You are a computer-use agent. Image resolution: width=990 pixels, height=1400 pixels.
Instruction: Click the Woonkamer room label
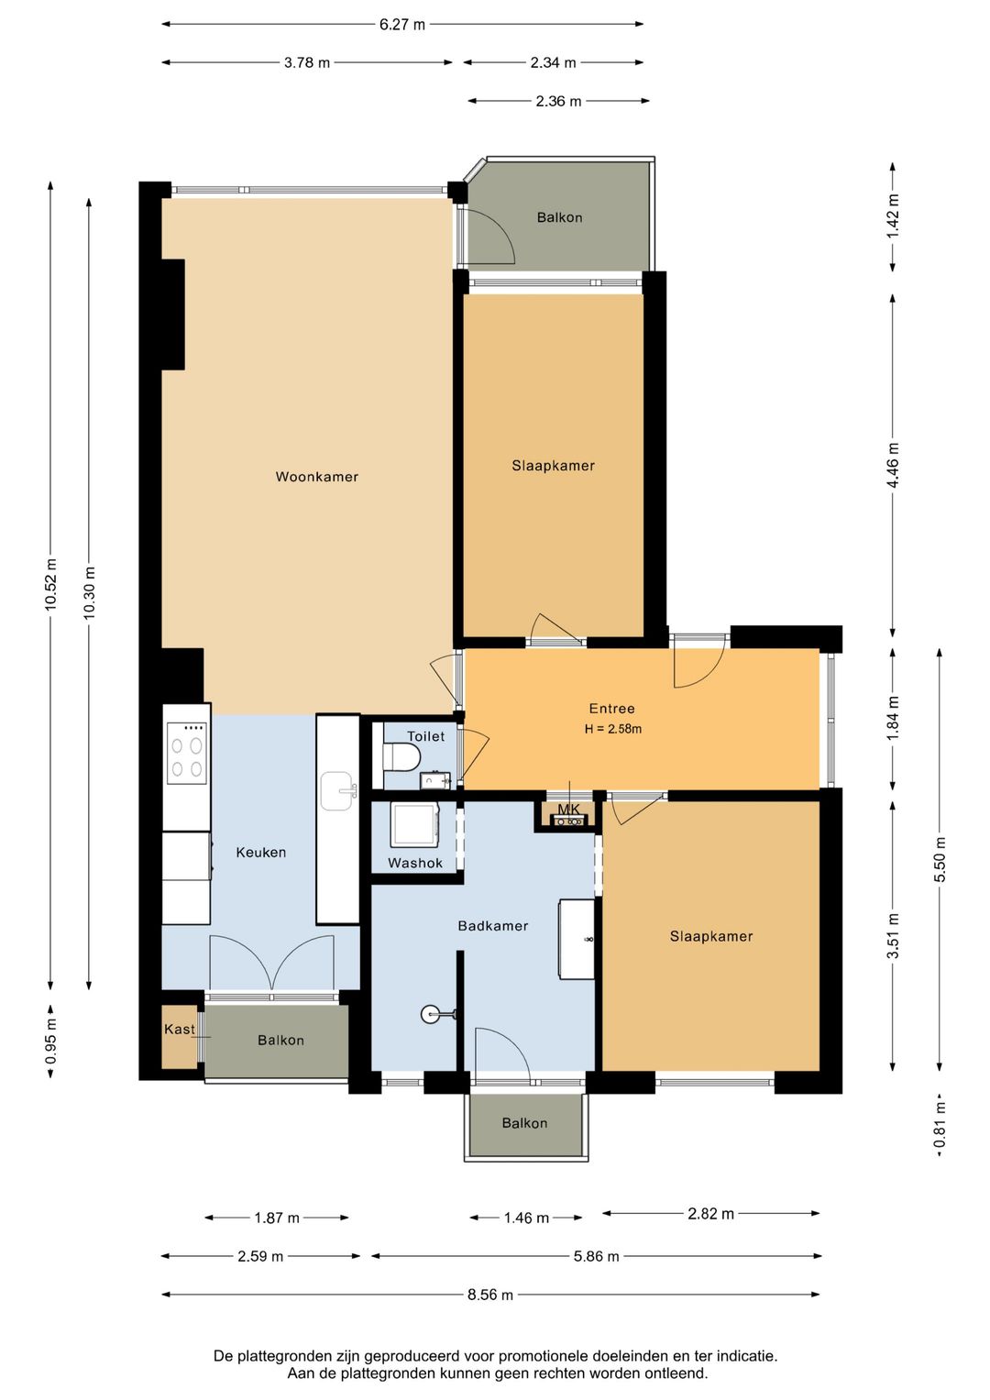point(317,477)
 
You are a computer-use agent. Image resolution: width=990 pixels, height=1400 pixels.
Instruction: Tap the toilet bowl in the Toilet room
point(401,757)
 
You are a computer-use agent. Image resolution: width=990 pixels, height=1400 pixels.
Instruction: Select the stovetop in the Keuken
point(187,753)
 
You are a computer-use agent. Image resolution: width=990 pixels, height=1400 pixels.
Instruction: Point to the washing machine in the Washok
point(414,826)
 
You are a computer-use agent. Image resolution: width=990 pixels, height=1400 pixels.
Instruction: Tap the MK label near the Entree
point(568,810)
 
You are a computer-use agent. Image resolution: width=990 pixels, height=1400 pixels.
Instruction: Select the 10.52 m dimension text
point(51,583)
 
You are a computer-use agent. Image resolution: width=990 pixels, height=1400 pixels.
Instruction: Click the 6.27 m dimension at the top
point(401,25)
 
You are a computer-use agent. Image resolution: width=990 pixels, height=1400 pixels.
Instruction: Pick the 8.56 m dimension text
point(490,1295)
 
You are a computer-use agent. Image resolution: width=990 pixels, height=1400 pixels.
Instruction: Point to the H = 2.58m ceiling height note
point(613,729)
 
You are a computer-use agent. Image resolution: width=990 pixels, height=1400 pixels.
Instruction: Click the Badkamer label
point(493,926)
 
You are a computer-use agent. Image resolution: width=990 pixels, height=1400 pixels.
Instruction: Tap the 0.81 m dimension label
point(940,1125)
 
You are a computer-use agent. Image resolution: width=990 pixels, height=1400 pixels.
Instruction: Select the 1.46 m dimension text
point(526,1218)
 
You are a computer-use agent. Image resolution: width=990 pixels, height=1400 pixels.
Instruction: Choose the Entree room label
point(612,709)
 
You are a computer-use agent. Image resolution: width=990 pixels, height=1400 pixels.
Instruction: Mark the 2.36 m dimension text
point(558,101)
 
